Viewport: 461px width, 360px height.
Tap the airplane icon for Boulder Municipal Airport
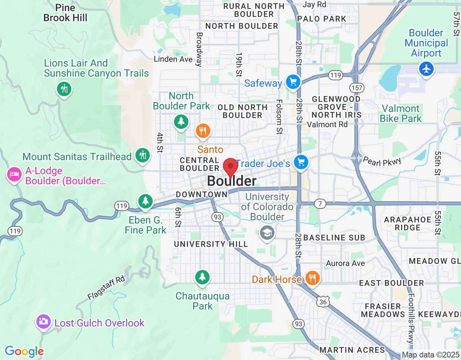point(426,68)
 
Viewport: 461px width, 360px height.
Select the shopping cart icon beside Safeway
point(293,82)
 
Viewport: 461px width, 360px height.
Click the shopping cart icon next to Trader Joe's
point(301,162)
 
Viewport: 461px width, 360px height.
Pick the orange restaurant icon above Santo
point(203,131)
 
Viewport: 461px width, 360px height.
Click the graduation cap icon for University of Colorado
point(267,233)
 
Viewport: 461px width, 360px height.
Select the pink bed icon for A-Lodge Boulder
point(14,175)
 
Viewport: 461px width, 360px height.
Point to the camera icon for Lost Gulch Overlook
point(44,321)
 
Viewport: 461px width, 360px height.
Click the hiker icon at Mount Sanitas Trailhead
point(143,155)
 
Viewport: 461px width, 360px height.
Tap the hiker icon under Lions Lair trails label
point(64,89)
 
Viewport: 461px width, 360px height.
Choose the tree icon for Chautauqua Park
point(202,277)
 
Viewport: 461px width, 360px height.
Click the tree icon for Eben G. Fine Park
point(146,201)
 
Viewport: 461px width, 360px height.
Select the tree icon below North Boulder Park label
point(181,122)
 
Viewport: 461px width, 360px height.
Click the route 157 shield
point(357,88)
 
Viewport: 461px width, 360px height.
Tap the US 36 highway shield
point(323,302)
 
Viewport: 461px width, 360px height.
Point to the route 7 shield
point(320,204)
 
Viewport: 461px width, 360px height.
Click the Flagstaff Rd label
point(106,288)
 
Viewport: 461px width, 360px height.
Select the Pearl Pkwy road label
point(382,161)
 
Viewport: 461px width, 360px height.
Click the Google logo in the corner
point(24,351)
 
